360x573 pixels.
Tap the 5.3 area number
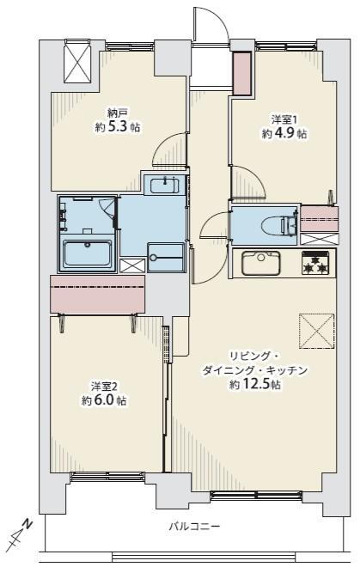point(118,126)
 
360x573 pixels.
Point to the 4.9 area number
point(284,134)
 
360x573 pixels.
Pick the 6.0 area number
point(104,400)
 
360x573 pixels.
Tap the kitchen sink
point(261,263)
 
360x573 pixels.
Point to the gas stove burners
point(315,263)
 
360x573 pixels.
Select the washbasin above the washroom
point(164,185)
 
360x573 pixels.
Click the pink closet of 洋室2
point(97,294)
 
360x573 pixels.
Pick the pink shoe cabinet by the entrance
point(242,74)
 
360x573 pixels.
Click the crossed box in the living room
point(316,331)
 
